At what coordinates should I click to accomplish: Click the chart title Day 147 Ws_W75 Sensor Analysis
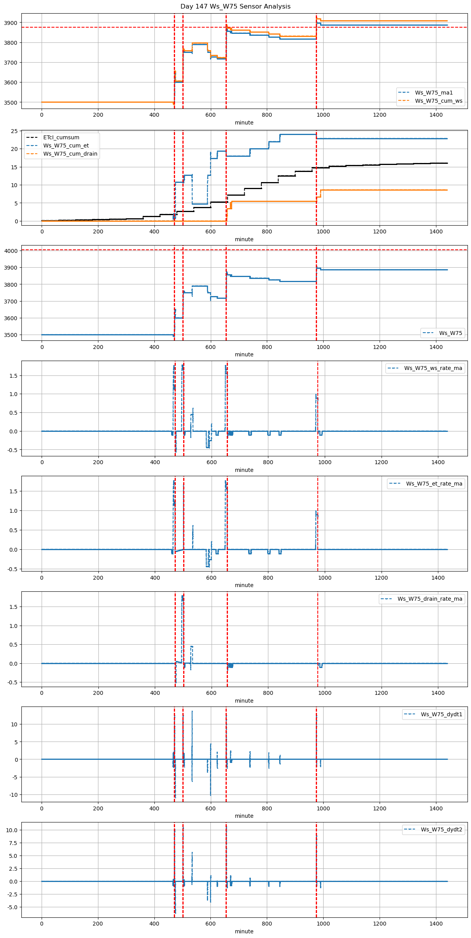coord(235,7)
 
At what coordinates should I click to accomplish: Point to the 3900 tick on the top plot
coord(11,23)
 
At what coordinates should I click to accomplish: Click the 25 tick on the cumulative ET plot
coord(14,131)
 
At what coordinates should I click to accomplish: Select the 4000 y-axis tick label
coord(11,251)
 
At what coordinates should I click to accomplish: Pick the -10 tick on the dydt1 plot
coord(13,795)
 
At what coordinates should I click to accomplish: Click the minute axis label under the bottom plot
coord(244,931)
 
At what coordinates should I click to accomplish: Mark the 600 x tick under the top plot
coord(210,115)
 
